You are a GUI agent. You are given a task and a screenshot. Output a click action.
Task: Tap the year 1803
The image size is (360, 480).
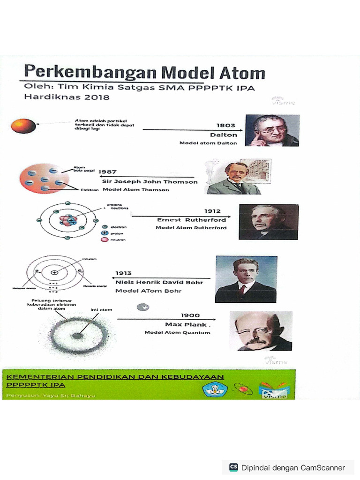226,125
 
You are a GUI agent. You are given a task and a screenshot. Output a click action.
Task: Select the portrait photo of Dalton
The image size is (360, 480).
272,130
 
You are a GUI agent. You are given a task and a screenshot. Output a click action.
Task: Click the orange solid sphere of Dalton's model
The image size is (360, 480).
23,126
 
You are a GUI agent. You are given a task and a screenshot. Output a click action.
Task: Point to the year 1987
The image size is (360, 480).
107,172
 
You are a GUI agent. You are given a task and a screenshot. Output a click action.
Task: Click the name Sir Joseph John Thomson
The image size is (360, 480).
150,181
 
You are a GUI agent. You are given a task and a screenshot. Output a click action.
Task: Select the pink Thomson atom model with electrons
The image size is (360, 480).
44,179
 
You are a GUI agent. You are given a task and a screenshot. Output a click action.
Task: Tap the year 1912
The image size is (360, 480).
212,211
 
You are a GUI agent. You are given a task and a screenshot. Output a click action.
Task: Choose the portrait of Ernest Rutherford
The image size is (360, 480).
268,222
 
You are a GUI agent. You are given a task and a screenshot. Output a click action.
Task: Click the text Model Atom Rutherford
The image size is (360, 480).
191,228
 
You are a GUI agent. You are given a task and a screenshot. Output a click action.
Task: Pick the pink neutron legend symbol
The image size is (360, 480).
105,240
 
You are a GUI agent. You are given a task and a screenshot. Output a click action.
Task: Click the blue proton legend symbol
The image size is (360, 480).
105,233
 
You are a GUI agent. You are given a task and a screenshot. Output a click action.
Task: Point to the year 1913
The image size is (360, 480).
124,273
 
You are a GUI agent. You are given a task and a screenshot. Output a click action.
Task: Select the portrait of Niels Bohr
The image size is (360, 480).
246,279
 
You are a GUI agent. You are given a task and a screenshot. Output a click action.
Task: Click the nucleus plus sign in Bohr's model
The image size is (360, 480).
55,272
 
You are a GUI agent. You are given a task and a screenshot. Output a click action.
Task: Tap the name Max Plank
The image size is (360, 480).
187,324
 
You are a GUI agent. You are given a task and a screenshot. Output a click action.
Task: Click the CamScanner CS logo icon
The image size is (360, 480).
233,467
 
